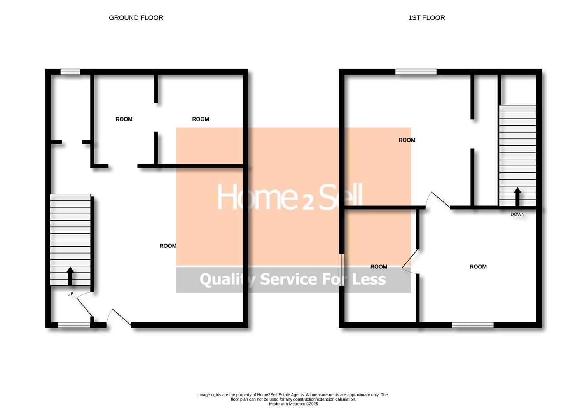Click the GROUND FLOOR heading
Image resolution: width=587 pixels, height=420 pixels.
pos(136,18)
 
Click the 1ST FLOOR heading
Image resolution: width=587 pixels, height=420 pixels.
pos(426,18)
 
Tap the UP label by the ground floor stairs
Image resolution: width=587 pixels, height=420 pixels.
pos(70,294)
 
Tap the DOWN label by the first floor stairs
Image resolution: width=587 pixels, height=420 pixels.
pos(517,214)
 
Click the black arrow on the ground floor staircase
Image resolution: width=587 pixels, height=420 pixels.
pos(70,276)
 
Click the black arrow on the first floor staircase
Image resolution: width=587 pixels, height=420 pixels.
pos(517,197)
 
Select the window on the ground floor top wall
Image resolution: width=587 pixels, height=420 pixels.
pos(70,72)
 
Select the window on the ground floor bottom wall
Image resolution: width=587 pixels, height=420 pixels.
pos(74,325)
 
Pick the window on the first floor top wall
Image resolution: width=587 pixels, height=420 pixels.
pos(416,72)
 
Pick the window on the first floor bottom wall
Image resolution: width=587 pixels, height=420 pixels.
pos(473,325)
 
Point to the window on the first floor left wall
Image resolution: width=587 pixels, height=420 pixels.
pos(341,270)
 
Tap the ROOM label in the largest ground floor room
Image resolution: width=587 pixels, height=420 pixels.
pos(168,246)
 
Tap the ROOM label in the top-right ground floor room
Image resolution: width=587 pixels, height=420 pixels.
pos(201,119)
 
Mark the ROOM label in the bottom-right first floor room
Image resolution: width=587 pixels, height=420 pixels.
pos(478,267)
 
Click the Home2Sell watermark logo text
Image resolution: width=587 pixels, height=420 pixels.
pos(290,197)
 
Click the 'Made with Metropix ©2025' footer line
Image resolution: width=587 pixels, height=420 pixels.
pos(293,404)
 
